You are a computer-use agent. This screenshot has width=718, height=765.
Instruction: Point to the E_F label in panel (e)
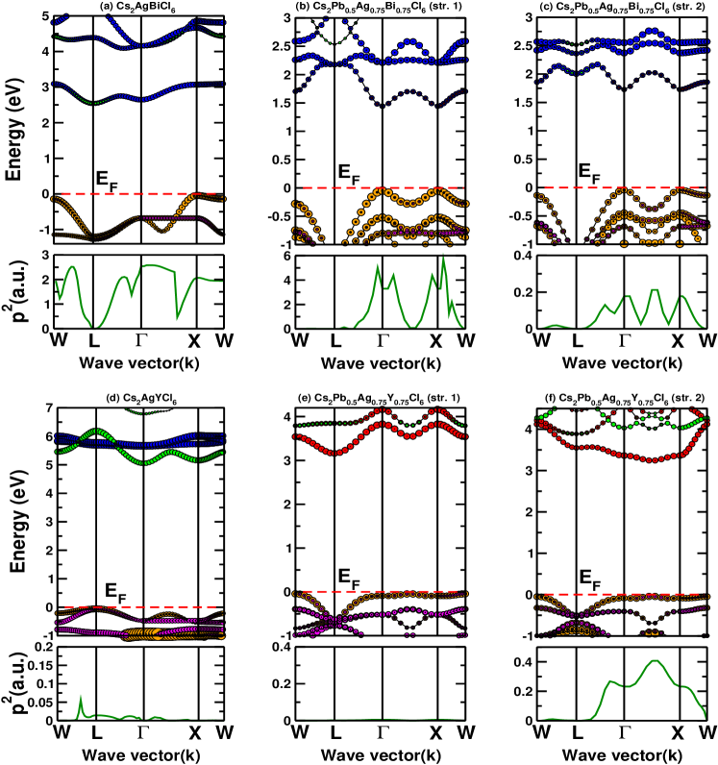[x=350, y=577]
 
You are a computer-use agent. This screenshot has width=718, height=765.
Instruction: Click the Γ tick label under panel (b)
[x=383, y=341]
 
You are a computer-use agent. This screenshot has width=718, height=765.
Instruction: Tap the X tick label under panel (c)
[x=678, y=341]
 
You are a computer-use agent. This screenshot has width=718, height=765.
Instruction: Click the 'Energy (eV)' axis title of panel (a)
[x=16, y=130]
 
